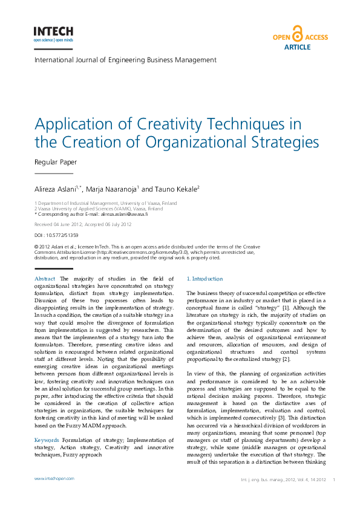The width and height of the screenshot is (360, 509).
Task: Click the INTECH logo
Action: tap(53, 34)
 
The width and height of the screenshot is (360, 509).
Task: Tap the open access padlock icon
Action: tap(297, 34)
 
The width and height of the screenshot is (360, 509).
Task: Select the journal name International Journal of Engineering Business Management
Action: tap(125, 60)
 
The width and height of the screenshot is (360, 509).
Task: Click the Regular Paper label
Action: tap(56, 162)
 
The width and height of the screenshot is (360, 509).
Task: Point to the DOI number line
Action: tap(56, 235)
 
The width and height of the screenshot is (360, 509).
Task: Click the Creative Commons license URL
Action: tap(139, 252)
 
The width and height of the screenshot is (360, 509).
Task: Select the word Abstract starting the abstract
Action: tap(45, 278)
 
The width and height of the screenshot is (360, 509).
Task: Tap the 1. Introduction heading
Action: tap(205, 279)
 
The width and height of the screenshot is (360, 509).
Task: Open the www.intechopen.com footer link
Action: tap(54, 479)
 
